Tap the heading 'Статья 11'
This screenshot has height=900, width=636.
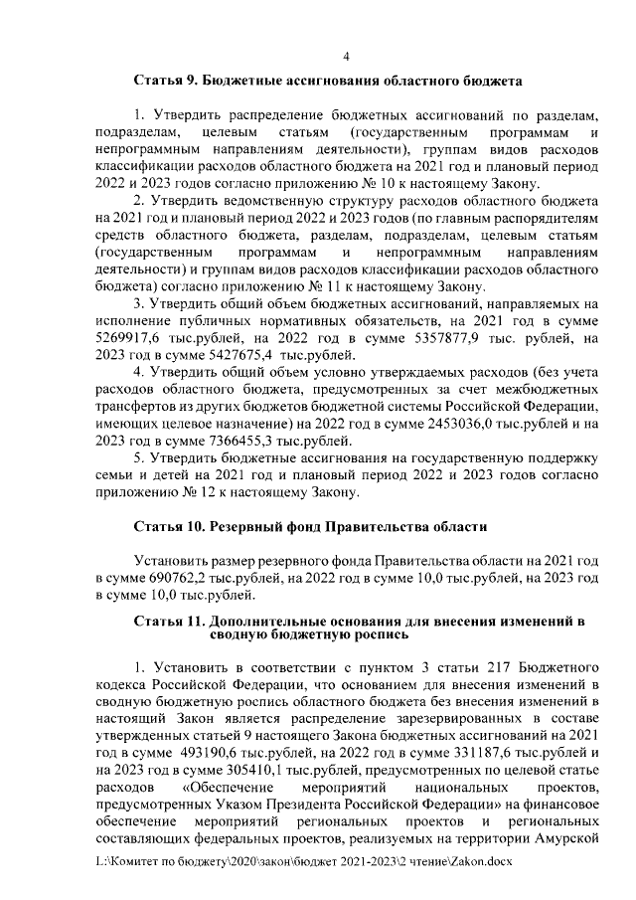click(x=171, y=621)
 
